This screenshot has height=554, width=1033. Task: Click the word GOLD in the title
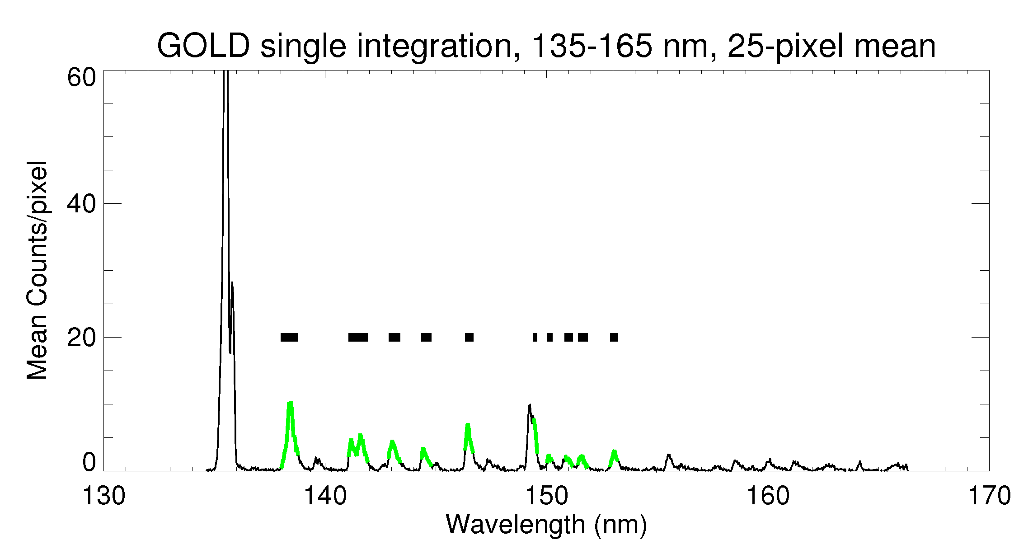coord(203,46)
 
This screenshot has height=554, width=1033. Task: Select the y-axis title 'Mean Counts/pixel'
coord(37,270)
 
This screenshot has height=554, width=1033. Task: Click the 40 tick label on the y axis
coord(82,204)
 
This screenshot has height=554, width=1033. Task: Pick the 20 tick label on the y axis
coord(82,338)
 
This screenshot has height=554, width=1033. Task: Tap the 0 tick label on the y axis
coord(89,462)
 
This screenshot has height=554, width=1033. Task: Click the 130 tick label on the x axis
coord(103,496)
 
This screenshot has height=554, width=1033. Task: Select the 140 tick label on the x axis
coord(325,496)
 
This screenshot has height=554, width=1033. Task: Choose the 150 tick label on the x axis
coord(546,496)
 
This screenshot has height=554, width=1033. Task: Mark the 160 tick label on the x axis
coord(768,496)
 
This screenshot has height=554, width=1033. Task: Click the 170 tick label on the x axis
coord(989,496)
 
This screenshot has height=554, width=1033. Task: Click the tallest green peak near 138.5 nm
coord(291,404)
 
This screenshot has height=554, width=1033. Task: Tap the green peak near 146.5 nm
coord(468,425)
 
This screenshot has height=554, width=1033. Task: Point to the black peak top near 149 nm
coord(529,406)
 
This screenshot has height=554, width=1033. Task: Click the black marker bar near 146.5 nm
coord(469,337)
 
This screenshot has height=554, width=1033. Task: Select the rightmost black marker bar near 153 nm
coord(614,337)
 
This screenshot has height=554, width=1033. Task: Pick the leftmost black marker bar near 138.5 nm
coord(289,337)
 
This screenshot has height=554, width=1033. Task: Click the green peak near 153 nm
coord(614,452)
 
